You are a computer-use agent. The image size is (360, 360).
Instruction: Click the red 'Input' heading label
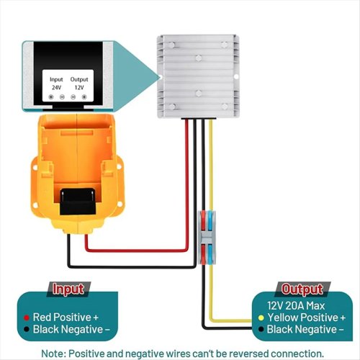[x=68, y=289]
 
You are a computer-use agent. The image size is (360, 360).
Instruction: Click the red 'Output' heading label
[x=302, y=289]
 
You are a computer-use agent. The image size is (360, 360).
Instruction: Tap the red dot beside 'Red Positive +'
[x=27, y=318]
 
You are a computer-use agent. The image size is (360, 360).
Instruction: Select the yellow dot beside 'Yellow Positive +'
[x=261, y=318]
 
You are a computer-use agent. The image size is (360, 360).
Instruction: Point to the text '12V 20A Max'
[x=296, y=306]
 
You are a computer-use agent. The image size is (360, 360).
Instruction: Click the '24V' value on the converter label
[x=56, y=88]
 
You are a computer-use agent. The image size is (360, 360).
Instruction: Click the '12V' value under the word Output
[x=79, y=88]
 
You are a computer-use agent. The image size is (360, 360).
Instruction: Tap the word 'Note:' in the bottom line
[x=54, y=354]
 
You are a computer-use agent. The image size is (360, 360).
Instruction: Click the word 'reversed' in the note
[x=246, y=354]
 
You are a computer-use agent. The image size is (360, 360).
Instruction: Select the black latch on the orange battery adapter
[x=78, y=202]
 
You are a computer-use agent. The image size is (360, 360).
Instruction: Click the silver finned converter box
[x=199, y=76]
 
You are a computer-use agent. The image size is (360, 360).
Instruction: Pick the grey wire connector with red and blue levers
[x=207, y=238]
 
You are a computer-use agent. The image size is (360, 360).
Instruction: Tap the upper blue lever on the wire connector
[x=211, y=221]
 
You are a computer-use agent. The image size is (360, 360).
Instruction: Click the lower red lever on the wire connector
[x=203, y=254]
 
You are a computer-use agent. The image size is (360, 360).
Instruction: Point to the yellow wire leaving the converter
[x=211, y=166]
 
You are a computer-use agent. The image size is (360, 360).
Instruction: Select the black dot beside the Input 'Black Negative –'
[x=27, y=329]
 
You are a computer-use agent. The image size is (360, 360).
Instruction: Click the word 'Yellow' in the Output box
[x=282, y=318]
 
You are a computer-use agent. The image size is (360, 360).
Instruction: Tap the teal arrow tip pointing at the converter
[x=159, y=77]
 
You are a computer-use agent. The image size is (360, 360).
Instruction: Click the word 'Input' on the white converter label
[x=56, y=79]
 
